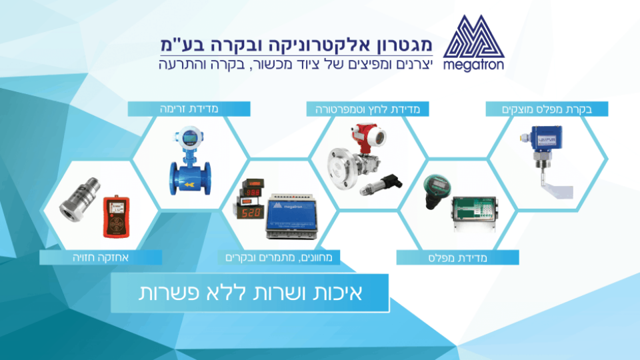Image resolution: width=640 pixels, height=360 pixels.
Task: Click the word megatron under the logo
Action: (473, 66)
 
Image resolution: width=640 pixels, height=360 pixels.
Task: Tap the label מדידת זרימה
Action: (190, 108)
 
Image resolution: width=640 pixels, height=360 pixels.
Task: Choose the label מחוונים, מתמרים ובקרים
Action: (279, 257)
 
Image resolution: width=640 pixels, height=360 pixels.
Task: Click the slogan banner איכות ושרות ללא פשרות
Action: (250, 293)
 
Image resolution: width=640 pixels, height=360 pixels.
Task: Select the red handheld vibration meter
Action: (115, 215)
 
